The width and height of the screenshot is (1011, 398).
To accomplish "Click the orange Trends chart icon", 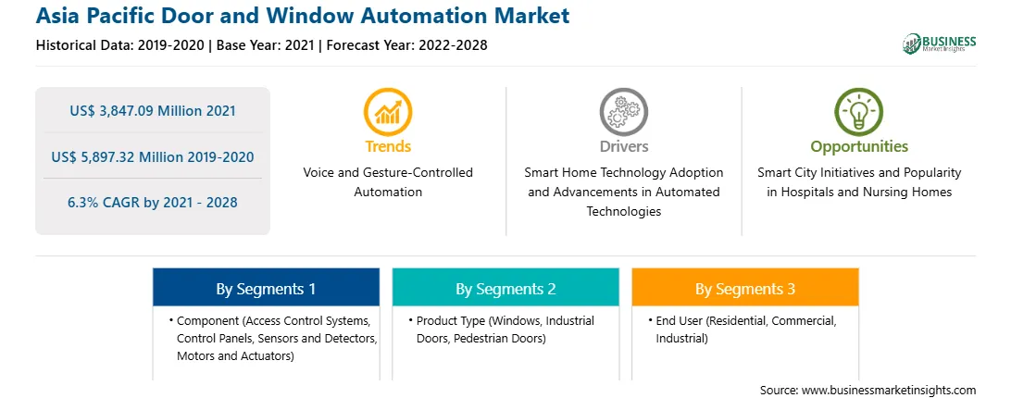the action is [388, 112].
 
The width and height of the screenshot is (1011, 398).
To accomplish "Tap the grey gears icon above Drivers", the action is [623, 112].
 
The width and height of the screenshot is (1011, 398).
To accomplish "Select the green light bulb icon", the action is [859, 112].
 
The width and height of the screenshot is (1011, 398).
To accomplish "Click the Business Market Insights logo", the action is [939, 44].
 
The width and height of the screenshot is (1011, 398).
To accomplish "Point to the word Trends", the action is [388, 146].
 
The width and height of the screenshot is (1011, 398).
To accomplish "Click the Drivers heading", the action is [624, 146].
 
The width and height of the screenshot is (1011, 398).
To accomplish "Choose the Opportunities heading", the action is [859, 147].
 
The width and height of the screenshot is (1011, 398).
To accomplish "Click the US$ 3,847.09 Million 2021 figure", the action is [153, 110].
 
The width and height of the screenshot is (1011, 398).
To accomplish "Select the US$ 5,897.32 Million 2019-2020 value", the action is [153, 156].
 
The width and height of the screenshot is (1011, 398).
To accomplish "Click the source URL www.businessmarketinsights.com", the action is [889, 390].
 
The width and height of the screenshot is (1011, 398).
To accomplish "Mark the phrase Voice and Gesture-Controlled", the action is [388, 173].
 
